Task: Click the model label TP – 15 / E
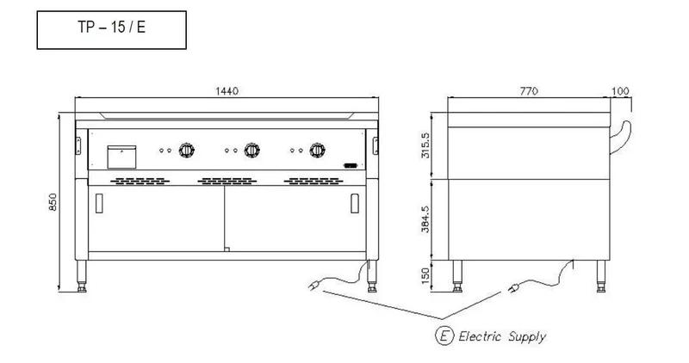pos(112,28)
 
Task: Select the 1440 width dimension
pos(227,91)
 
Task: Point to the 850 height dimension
pos(53,202)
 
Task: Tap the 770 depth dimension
pos(529,91)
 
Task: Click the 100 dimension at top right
pos(620,91)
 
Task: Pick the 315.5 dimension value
pos(425,145)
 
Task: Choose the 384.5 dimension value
pos(425,219)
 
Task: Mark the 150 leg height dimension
pos(425,275)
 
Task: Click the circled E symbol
pos(444,335)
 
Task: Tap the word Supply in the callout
pos(527,337)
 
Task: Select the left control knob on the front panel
pos(186,151)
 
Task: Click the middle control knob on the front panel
pos(251,151)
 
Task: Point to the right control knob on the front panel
pos(317,151)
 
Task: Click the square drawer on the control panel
pos(121,157)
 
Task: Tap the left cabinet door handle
pos(99,203)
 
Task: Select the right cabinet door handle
pos(355,203)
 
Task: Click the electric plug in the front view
pos(313,286)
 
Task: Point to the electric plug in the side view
pos(512,288)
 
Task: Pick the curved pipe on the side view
pos(621,138)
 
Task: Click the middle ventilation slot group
pos(227,181)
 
